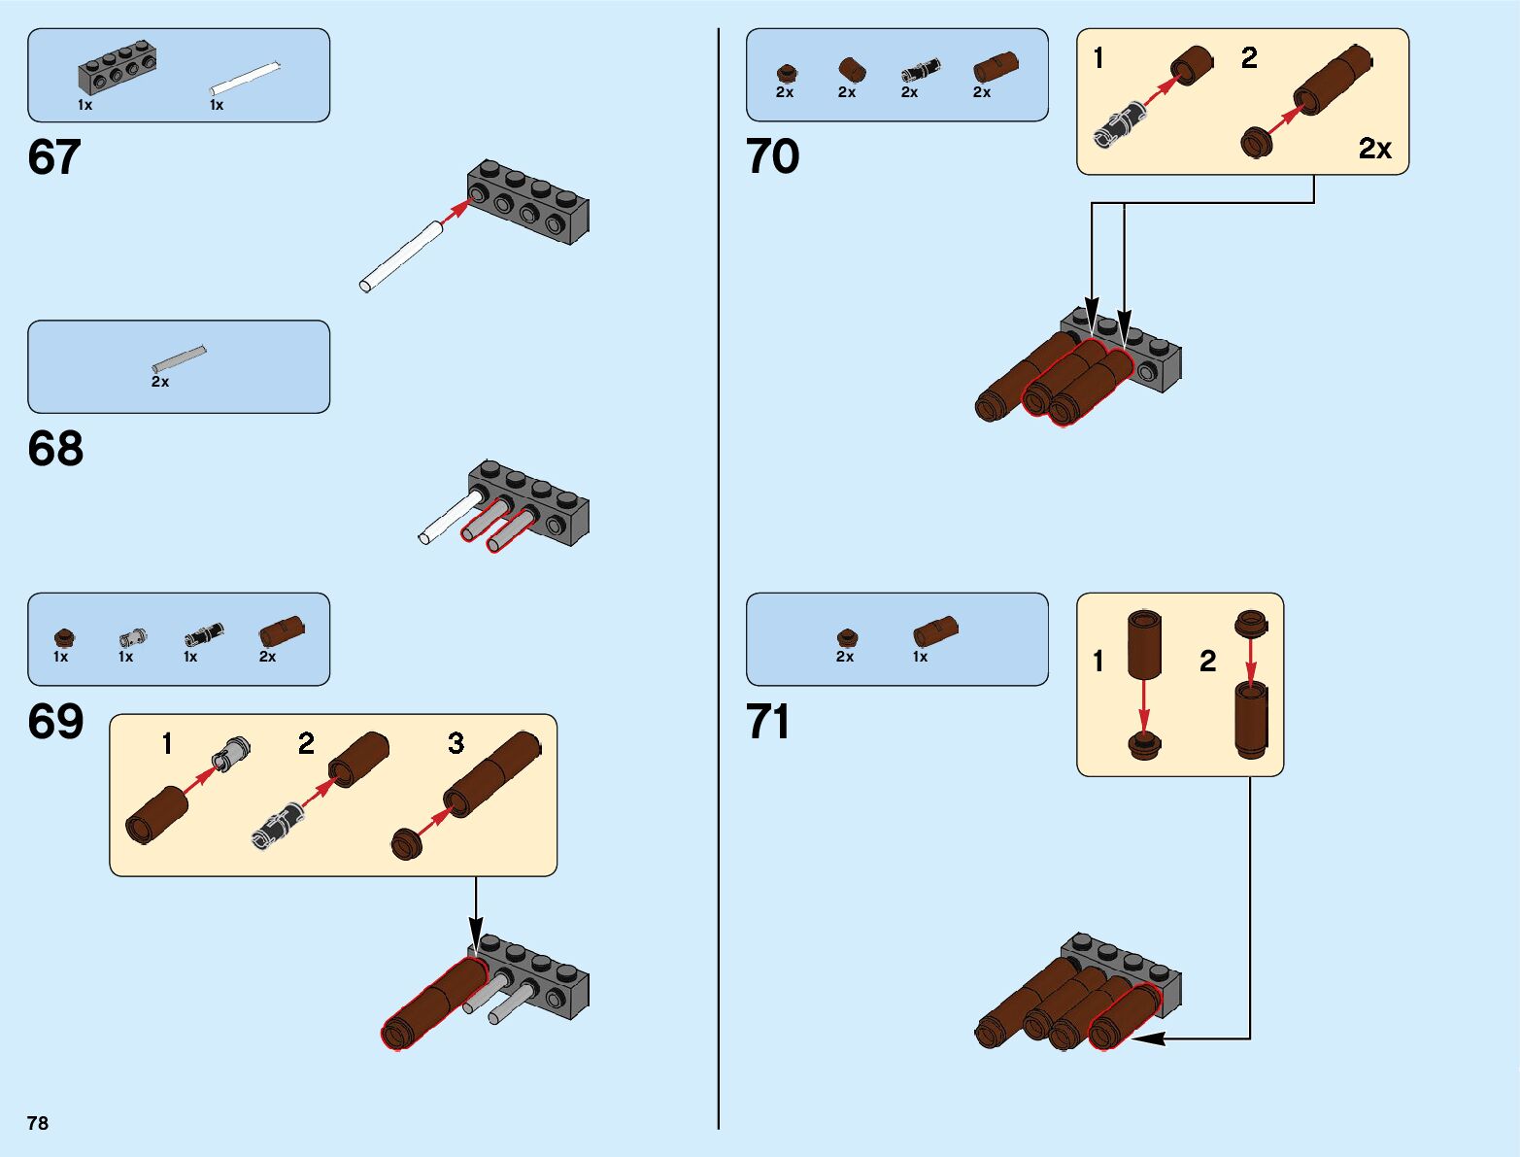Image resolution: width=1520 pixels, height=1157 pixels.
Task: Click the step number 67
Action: (x=54, y=157)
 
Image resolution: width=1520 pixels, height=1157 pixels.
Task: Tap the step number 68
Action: (x=55, y=449)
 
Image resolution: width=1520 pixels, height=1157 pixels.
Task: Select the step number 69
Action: (x=55, y=722)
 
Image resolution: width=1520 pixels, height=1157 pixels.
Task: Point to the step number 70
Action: (x=773, y=156)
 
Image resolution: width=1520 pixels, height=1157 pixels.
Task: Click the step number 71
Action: (x=768, y=722)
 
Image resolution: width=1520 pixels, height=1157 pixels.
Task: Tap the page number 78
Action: (x=38, y=1123)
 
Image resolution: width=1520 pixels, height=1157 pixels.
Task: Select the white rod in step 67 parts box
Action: (x=246, y=78)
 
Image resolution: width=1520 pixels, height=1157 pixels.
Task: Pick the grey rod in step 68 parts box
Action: (x=179, y=358)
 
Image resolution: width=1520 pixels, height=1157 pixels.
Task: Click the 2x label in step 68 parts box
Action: (x=160, y=383)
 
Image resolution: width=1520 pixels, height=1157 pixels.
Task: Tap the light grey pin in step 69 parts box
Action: (x=132, y=637)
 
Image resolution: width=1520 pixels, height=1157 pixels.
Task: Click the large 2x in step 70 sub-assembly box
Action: (x=1374, y=149)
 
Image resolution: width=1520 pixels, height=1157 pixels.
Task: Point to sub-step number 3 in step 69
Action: (x=456, y=743)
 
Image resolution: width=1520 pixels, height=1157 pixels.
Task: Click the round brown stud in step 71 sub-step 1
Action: (x=1145, y=745)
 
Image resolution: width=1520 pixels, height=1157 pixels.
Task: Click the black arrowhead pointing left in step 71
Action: (x=1146, y=1038)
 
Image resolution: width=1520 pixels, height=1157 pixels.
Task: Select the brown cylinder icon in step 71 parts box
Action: (x=935, y=632)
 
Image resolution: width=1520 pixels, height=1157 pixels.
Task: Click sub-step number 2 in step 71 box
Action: (x=1207, y=662)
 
